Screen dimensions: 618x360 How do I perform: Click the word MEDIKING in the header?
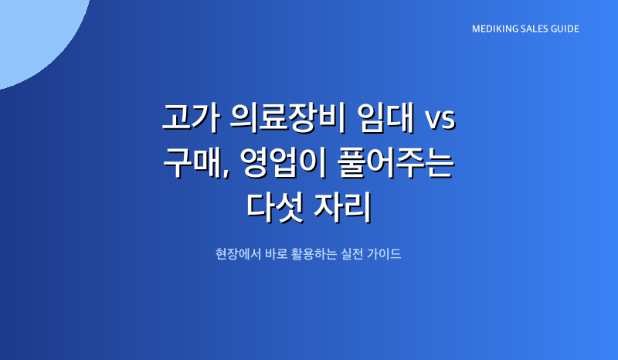click(x=494, y=29)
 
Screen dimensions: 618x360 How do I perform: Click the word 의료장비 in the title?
click(x=288, y=117)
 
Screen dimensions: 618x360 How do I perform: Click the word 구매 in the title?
click(x=191, y=162)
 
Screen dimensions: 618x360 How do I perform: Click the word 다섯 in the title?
click(x=275, y=207)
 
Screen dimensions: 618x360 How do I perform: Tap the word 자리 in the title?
click(x=342, y=207)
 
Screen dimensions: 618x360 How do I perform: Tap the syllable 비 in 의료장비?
click(x=332, y=117)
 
